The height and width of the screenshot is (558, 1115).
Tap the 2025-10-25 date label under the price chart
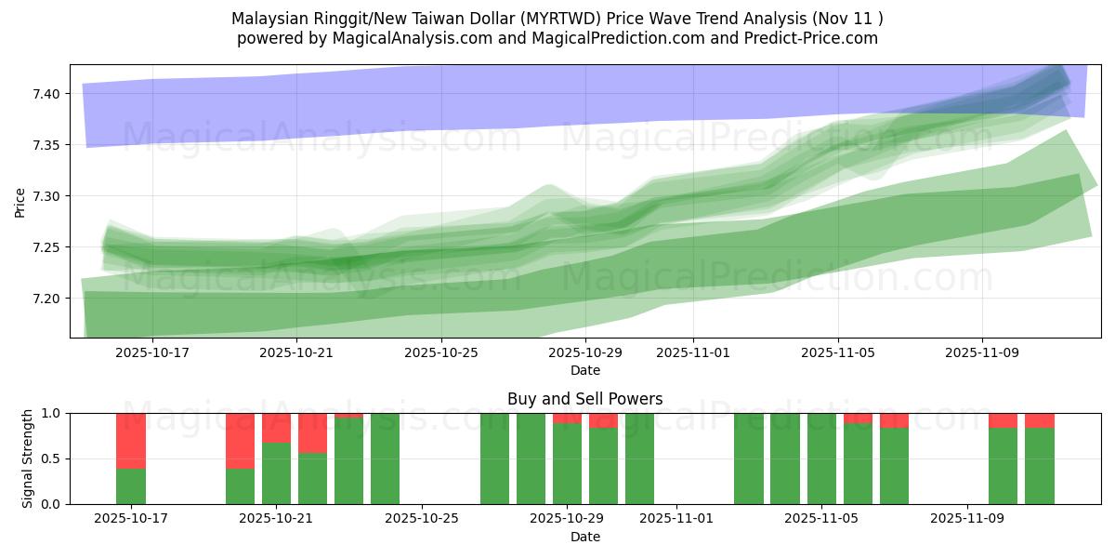tap(440, 352)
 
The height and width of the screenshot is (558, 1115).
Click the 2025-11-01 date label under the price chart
tap(693, 352)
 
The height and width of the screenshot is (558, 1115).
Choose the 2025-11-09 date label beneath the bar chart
tap(967, 518)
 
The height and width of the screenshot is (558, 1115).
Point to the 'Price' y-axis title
tap(20, 202)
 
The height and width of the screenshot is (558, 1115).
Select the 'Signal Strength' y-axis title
tap(28, 458)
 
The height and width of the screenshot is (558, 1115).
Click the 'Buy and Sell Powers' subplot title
tap(584, 399)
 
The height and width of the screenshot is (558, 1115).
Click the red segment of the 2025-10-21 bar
tap(277, 427)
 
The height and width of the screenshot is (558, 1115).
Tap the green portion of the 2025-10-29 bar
tap(568, 464)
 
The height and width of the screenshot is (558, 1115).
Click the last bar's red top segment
tap(1040, 420)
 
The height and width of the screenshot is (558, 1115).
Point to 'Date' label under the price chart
tap(584, 370)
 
